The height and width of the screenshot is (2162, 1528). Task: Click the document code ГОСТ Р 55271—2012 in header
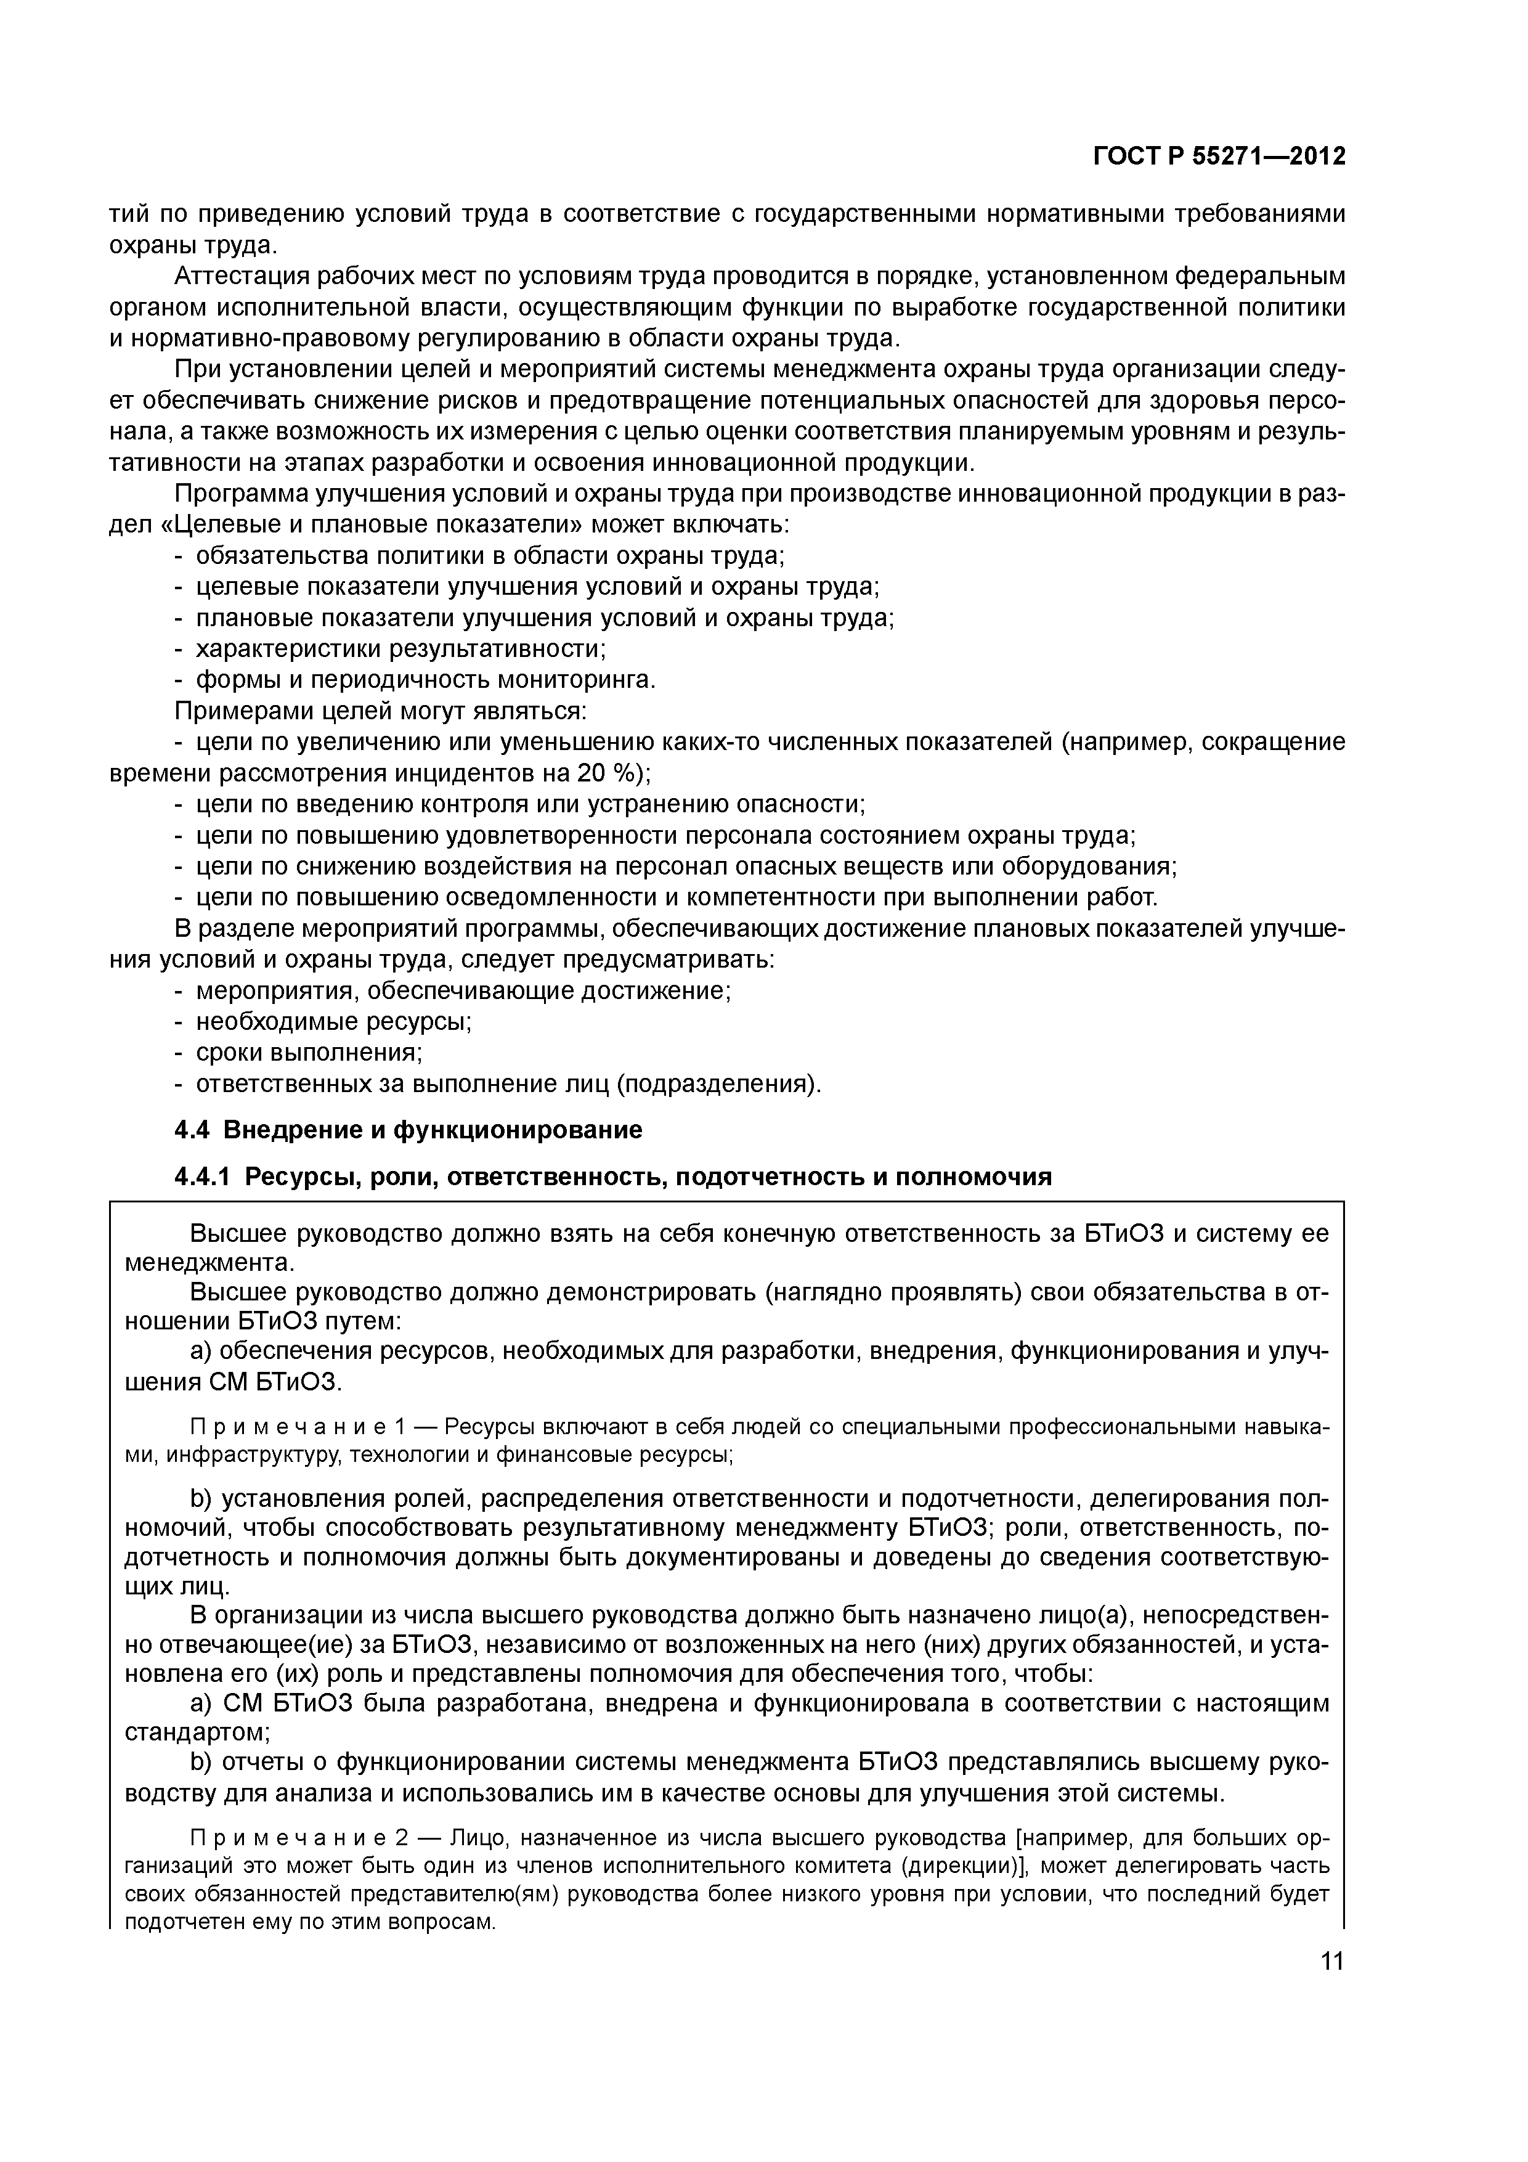1218,157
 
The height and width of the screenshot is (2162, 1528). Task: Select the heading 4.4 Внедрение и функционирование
408,1130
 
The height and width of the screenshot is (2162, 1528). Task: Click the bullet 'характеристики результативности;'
400,649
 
